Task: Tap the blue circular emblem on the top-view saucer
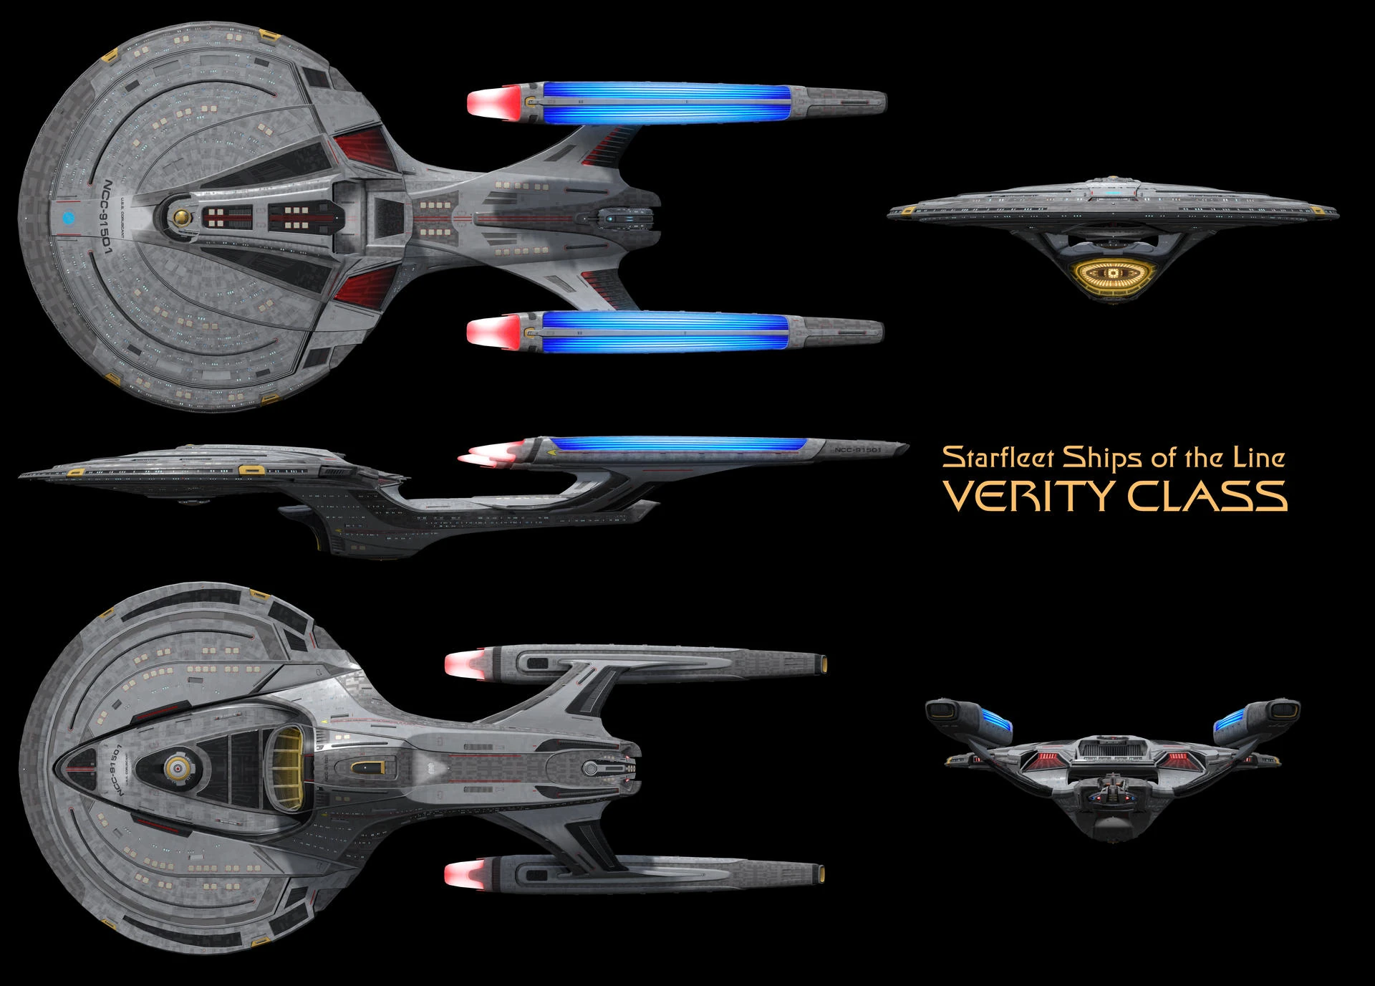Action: point(69,216)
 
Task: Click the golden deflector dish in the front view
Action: point(1112,274)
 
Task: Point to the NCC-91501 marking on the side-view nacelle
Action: point(857,450)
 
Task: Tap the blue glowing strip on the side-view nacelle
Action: point(680,443)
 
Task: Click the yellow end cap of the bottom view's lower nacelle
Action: point(824,873)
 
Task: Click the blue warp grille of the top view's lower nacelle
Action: point(666,331)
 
